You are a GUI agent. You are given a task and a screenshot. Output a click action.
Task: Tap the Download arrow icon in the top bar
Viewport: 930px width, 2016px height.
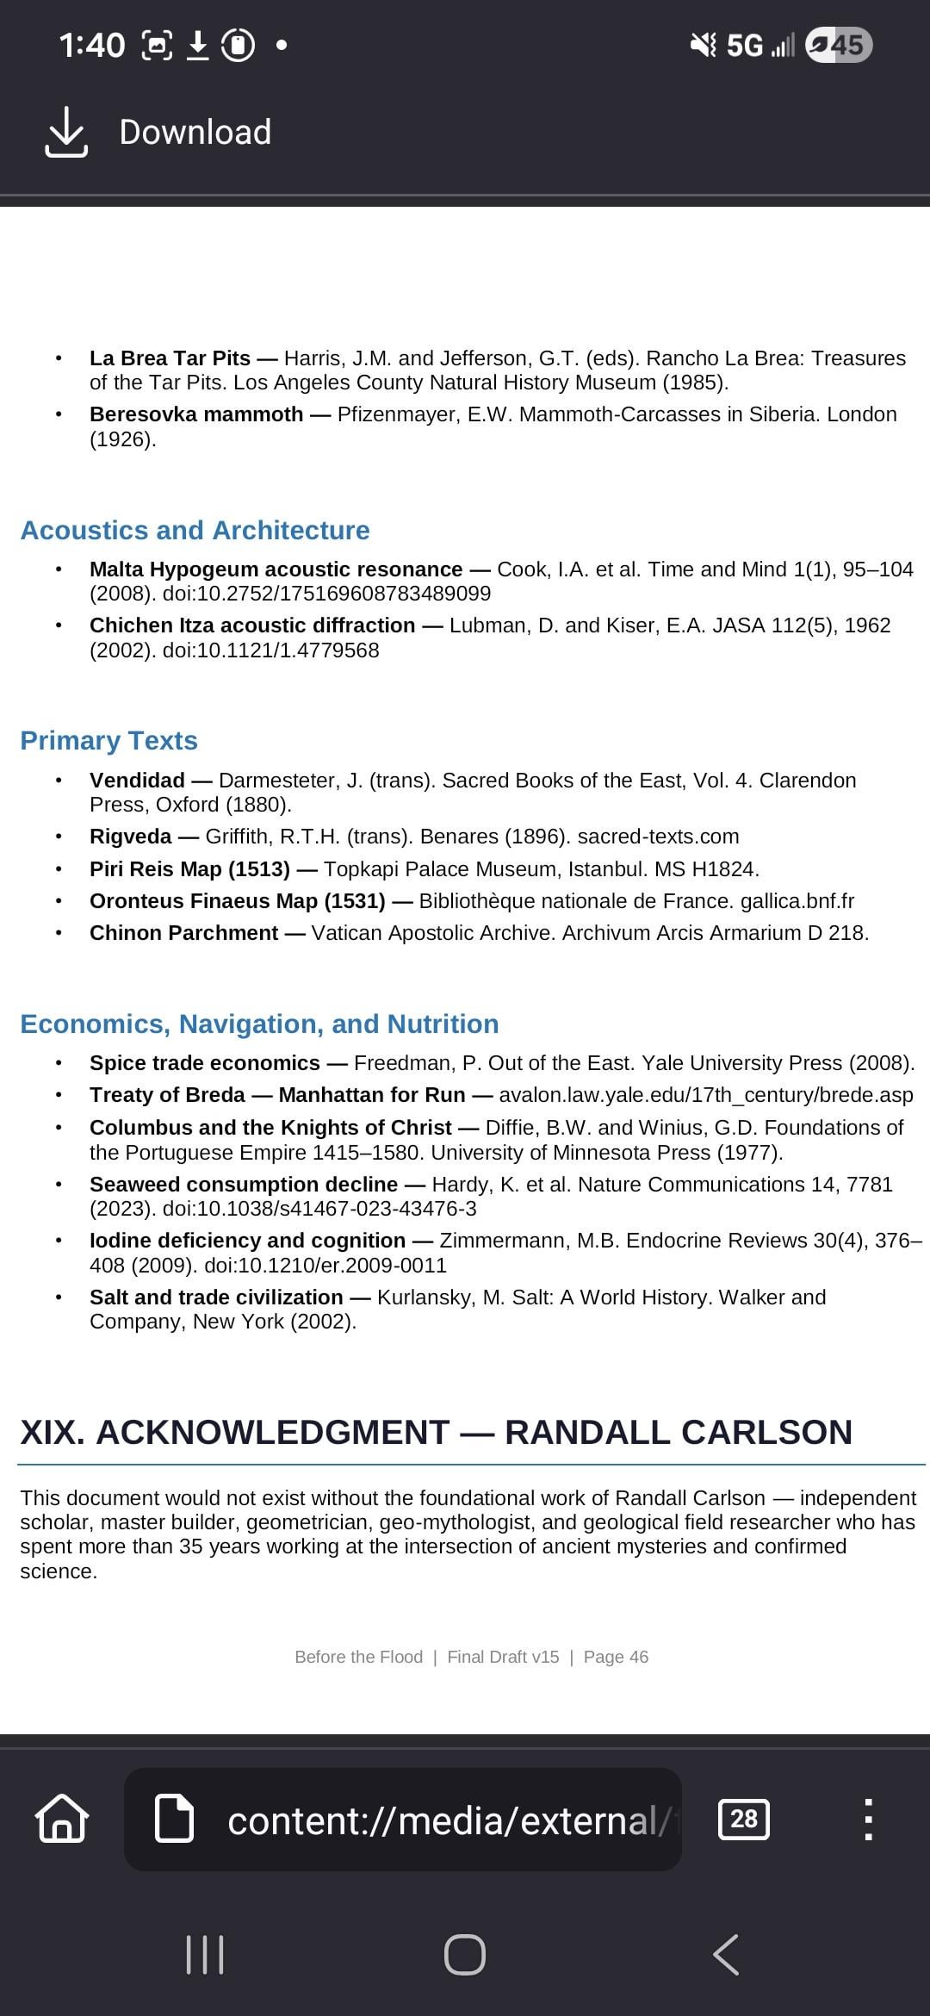tap(66, 132)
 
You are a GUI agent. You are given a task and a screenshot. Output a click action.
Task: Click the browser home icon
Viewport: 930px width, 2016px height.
tap(62, 1819)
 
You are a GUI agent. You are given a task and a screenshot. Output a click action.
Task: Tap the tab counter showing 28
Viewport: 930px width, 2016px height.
tap(743, 1819)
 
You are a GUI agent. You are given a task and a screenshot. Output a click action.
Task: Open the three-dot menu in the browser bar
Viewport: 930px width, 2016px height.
tap(868, 1819)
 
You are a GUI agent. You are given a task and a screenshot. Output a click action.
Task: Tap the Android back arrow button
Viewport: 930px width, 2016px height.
tap(726, 1954)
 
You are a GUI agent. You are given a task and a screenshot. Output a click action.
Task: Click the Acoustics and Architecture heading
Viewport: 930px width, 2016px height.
tap(195, 530)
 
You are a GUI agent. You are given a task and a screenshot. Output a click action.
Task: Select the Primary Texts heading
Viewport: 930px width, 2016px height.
tap(108, 740)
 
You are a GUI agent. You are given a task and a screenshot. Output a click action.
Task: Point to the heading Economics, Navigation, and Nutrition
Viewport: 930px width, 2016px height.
tap(259, 1024)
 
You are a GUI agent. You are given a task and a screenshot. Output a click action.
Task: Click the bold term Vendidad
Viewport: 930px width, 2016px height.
tap(137, 781)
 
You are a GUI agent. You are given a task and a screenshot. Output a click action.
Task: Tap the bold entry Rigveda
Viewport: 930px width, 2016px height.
tap(130, 837)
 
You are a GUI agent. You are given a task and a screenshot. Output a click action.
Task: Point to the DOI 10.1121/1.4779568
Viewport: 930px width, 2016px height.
tap(270, 650)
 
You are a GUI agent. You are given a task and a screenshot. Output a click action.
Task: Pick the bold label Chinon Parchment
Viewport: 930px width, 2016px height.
tap(183, 933)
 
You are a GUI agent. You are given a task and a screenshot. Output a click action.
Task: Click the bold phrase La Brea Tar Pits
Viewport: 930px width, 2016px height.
tap(170, 358)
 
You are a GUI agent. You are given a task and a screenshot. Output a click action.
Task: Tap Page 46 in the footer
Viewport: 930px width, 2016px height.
tap(616, 1657)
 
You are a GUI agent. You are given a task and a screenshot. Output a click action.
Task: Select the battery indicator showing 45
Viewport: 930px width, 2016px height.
tap(839, 45)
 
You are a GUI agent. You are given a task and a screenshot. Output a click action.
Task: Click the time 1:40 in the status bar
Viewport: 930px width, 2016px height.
tap(91, 45)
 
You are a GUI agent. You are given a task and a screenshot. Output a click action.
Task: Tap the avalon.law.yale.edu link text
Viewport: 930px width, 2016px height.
tap(705, 1095)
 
